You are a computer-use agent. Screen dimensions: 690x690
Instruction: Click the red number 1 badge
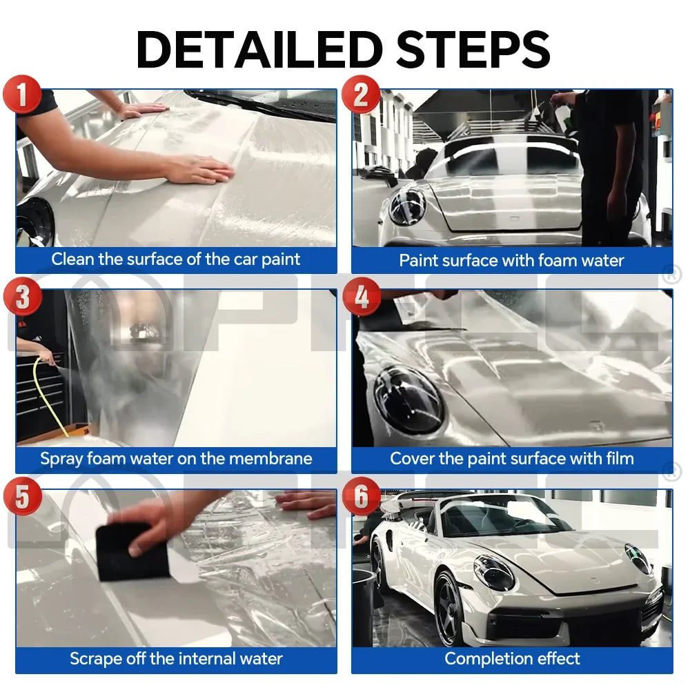pyautogui.click(x=23, y=95)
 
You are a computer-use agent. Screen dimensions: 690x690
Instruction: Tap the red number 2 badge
pyautogui.click(x=361, y=95)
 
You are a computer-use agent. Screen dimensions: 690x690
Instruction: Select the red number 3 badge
pyautogui.click(x=23, y=298)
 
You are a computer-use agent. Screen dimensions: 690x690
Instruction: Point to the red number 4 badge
pyautogui.click(x=361, y=298)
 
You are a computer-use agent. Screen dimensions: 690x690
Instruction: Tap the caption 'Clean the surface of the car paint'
pyautogui.click(x=176, y=259)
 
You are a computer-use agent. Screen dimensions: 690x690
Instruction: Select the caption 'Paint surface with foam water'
pyautogui.click(x=511, y=260)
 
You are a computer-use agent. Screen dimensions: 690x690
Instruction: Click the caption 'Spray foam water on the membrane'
pyautogui.click(x=176, y=458)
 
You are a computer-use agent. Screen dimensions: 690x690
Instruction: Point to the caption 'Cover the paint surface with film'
pyautogui.click(x=511, y=458)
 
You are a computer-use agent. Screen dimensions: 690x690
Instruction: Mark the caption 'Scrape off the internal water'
pyautogui.click(x=176, y=658)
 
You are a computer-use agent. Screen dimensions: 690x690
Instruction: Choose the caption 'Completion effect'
pyautogui.click(x=511, y=658)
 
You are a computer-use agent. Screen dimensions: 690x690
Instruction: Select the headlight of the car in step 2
pyautogui.click(x=406, y=206)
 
